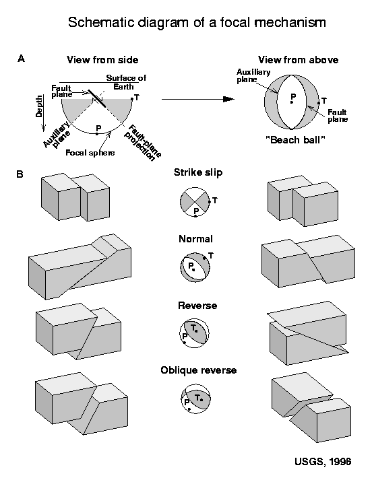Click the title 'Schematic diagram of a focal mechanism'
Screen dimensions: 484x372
(197, 23)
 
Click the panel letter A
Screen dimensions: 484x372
(22, 59)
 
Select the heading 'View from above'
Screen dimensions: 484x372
(299, 60)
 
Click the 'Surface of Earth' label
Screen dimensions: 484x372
(126, 81)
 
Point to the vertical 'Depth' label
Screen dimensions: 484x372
(39, 106)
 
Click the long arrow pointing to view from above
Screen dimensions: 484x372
(199, 99)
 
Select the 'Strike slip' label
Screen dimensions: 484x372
(197, 173)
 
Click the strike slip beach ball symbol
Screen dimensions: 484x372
(195, 202)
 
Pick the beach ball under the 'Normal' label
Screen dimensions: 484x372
(195, 266)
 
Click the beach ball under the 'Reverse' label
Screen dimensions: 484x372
(195, 332)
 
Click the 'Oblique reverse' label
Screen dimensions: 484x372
(197, 370)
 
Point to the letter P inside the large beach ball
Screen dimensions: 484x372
(292, 97)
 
